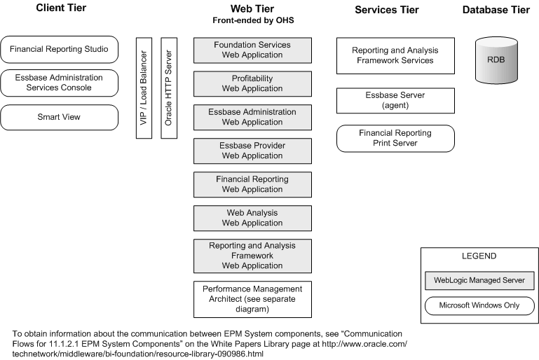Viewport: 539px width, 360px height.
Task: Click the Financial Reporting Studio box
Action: [58, 50]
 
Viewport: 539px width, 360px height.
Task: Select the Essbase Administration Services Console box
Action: [58, 83]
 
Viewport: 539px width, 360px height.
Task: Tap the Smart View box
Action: [58, 117]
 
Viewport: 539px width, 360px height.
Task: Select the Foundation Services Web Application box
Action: [252, 50]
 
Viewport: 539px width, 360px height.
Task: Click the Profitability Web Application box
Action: [252, 83]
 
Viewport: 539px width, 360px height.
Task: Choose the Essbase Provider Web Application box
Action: [252, 151]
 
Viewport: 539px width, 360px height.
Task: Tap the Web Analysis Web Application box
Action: [252, 218]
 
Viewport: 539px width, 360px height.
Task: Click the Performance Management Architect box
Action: [252, 299]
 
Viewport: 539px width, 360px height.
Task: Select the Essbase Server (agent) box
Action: [395, 100]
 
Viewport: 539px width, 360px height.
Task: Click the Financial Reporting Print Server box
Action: [395, 138]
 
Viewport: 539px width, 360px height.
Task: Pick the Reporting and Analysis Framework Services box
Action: [395, 55]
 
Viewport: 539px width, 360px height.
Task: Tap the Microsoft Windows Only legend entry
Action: [479, 306]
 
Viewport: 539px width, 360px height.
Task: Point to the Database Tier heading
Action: [496, 9]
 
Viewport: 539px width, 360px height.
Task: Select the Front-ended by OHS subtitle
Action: [252, 21]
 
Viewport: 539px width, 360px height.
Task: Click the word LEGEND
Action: [479, 257]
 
